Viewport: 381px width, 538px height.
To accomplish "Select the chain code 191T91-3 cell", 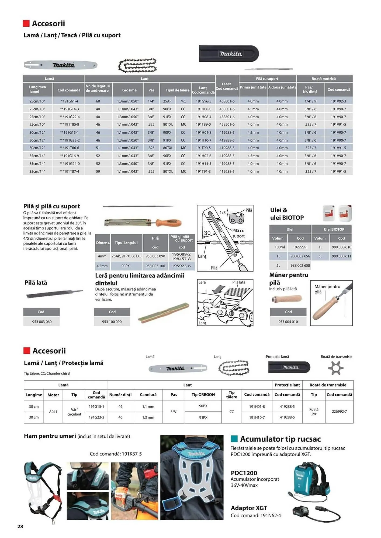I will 203,171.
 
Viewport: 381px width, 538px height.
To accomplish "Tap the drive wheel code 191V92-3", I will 338,101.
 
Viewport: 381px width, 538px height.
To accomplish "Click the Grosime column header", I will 129,90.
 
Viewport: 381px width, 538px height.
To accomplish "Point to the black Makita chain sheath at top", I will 229,54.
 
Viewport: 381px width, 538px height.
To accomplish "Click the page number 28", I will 20,526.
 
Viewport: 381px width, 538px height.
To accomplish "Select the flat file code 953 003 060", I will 42,321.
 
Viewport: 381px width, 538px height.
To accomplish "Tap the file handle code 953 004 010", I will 288,321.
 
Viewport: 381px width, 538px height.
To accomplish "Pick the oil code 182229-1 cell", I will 300,247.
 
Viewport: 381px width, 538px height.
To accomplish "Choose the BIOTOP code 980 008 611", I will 341,256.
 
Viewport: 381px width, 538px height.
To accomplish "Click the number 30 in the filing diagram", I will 207,233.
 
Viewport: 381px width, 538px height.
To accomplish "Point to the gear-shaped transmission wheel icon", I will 336,368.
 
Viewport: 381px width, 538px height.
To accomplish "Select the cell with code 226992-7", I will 339,412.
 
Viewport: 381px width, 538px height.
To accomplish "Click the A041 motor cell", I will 53,412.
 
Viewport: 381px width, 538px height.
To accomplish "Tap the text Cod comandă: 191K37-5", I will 116,454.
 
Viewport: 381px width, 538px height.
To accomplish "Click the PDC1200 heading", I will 244,473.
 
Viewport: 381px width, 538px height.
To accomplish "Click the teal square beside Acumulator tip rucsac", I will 234,439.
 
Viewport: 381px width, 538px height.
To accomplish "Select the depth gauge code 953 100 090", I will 112,321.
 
